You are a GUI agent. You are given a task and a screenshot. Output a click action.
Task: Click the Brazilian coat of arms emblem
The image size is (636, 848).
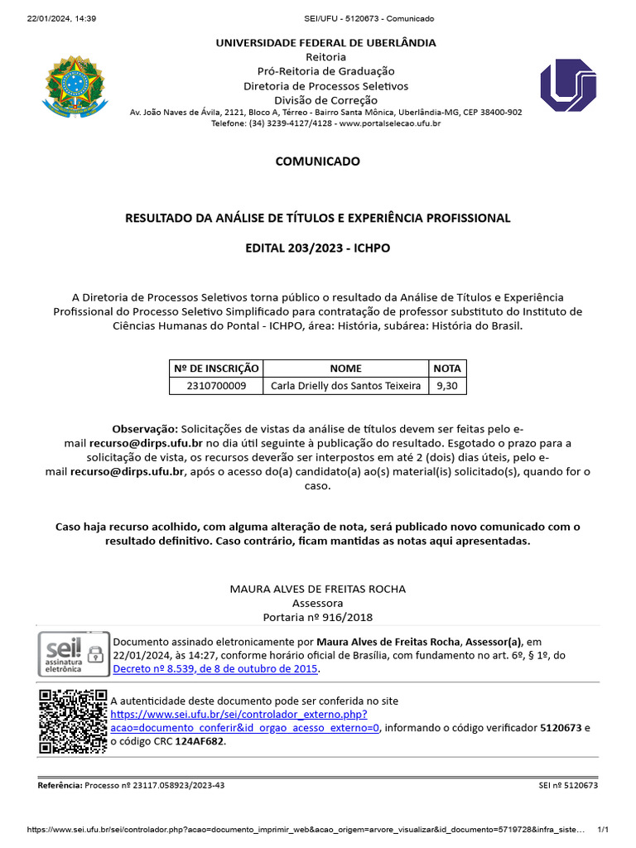tap(75, 86)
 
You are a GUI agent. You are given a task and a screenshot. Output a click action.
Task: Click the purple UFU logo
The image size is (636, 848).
tap(568, 86)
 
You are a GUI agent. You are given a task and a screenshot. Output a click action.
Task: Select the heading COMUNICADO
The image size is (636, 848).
tap(317, 161)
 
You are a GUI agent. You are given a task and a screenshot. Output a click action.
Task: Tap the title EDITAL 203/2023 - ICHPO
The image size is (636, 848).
tap(317, 248)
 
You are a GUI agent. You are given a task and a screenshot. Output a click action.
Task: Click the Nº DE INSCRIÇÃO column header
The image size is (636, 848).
tap(215, 369)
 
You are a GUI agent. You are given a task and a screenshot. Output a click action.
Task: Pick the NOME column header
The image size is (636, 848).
tap(345, 369)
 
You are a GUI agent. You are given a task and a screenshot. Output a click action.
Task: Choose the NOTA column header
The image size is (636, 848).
tap(447, 369)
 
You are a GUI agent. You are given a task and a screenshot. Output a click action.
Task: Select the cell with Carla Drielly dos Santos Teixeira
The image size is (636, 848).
tap(345, 386)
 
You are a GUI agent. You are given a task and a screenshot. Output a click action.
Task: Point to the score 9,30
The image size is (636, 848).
tap(447, 386)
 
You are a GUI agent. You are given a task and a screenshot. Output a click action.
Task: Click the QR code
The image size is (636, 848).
tap(72, 720)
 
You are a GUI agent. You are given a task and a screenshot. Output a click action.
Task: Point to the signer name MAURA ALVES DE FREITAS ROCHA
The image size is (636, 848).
tap(317, 589)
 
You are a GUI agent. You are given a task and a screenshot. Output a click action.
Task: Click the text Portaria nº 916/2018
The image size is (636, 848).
tap(317, 617)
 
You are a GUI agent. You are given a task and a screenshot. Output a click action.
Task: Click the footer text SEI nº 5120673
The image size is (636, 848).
tap(568, 785)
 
